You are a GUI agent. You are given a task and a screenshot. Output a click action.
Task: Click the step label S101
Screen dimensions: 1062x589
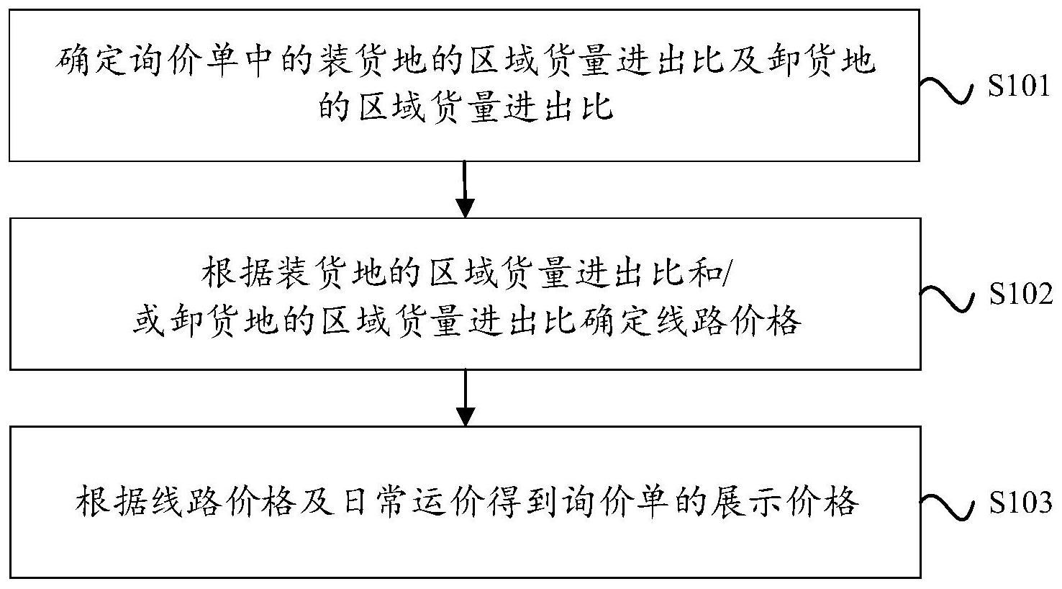[x=1018, y=86]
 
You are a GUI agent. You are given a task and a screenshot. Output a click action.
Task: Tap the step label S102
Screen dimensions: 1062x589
[x=1020, y=294]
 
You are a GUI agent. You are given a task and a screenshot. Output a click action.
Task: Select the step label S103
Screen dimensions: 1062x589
[x=1020, y=502]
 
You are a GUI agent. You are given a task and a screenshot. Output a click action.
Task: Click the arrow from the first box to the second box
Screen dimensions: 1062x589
[x=465, y=189]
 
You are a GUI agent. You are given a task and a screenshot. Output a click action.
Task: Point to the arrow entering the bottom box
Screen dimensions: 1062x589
[x=466, y=397]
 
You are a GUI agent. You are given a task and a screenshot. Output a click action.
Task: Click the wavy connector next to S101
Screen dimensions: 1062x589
[x=947, y=90]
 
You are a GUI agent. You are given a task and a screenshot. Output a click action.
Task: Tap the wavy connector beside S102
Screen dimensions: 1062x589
[x=948, y=299]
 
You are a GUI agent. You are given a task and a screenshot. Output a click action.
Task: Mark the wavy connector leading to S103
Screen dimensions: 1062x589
[x=948, y=508]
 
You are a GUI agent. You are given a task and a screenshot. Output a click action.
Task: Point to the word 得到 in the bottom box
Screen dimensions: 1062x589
[x=522, y=501]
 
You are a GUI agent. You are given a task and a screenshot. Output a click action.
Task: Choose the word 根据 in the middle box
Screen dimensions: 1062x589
[x=235, y=273]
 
